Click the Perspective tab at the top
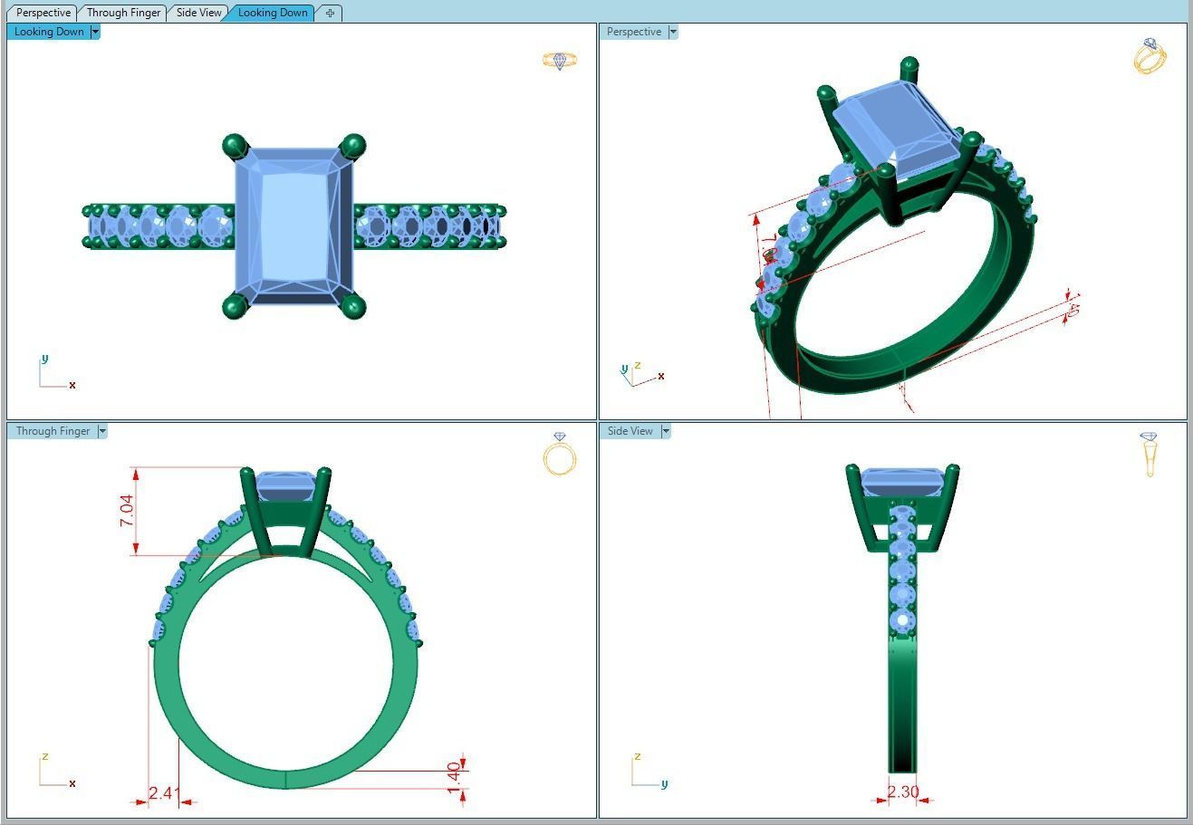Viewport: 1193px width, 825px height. click(x=43, y=13)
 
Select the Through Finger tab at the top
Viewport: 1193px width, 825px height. click(x=123, y=13)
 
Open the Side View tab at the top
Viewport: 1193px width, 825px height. click(x=198, y=13)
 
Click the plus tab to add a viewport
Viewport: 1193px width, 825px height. click(x=330, y=13)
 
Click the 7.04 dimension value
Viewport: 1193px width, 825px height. click(x=127, y=511)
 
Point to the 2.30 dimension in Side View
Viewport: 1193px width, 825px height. click(x=902, y=792)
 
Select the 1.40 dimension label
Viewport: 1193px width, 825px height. click(x=454, y=778)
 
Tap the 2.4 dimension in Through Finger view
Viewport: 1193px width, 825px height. click(x=160, y=793)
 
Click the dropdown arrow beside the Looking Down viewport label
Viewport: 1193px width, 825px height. click(x=95, y=32)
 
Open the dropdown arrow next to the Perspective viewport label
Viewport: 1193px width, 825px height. click(x=672, y=32)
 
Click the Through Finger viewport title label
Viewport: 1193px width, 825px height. click(x=53, y=431)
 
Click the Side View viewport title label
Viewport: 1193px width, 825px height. click(x=630, y=431)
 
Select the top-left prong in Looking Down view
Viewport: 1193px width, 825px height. click(x=235, y=145)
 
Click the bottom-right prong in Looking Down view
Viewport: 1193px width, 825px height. click(x=352, y=307)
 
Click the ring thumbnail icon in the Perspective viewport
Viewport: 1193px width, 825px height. click(x=1150, y=56)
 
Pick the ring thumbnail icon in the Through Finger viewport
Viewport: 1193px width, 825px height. click(x=560, y=454)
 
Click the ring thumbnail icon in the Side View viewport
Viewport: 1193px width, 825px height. click(x=1149, y=454)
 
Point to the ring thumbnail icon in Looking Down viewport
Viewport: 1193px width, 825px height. click(x=560, y=61)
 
